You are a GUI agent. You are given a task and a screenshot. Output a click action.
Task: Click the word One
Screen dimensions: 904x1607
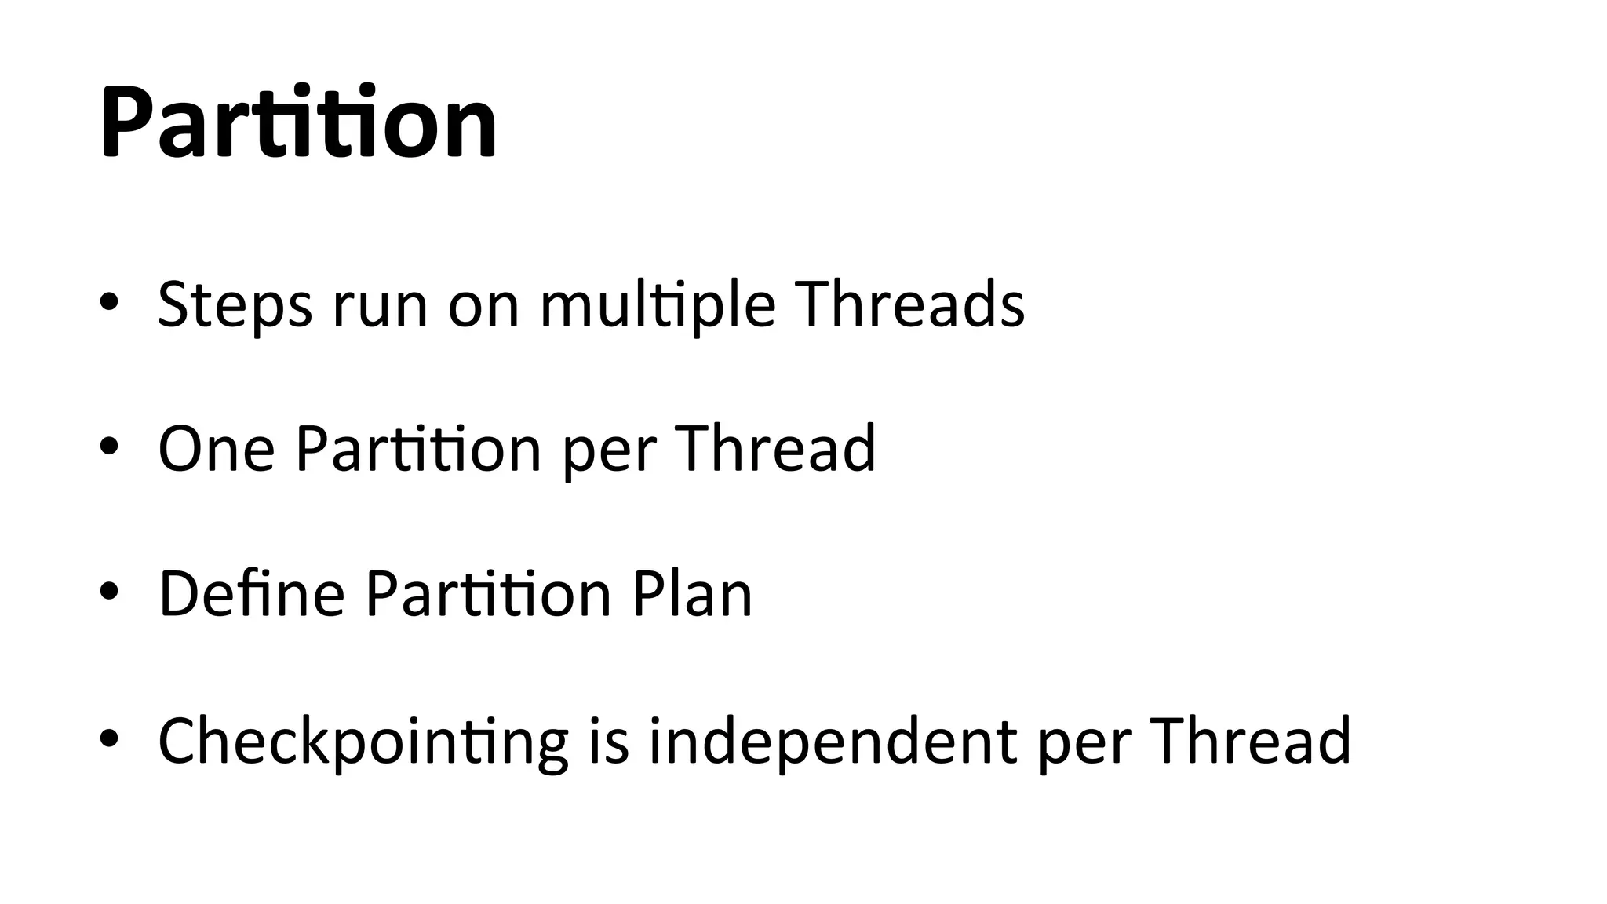[217, 449]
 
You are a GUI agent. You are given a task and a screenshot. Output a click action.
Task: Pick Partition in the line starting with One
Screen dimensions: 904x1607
[418, 449]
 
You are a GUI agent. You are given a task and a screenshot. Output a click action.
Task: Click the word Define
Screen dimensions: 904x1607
[251, 594]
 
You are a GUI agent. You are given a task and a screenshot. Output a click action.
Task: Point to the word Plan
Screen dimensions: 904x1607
[692, 594]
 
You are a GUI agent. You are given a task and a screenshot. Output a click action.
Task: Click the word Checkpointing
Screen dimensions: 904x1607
[363, 742]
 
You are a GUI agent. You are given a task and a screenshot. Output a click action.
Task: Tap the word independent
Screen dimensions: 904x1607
[833, 742]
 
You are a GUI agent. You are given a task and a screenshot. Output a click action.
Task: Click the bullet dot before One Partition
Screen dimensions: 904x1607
[109, 447]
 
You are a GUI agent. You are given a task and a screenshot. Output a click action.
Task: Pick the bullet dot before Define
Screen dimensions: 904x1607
[109, 592]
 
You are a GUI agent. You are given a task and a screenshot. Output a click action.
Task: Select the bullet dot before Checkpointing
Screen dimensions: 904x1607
[109, 738]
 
